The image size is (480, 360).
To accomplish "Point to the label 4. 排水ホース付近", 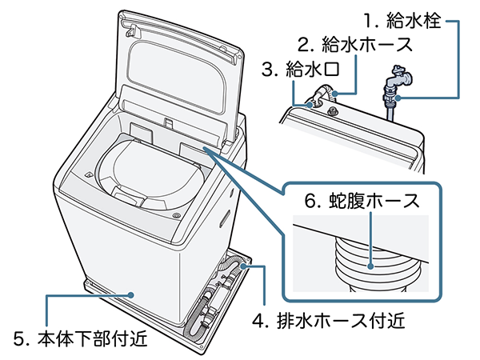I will pyautogui.click(x=329, y=322).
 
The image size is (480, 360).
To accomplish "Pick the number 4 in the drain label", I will pyautogui.click(x=258, y=322).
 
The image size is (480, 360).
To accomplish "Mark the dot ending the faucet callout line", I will pyautogui.click(x=398, y=98).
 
